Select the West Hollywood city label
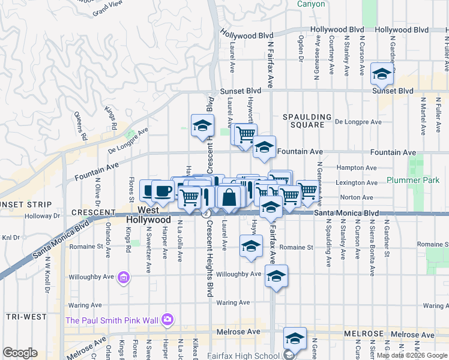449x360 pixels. pyautogui.click(x=148, y=215)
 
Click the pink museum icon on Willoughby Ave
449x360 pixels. pyautogui.click(x=124, y=277)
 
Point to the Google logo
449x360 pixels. pyautogui.click(x=20, y=353)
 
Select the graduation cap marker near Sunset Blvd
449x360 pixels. pyautogui.click(x=381, y=74)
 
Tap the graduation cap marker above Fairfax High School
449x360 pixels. pyautogui.click(x=295, y=338)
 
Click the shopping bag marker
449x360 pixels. pyautogui.click(x=229, y=197)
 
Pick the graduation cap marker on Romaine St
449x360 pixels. pyautogui.click(x=251, y=245)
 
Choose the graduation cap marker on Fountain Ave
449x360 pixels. pyautogui.click(x=263, y=148)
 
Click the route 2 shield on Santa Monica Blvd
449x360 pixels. pyautogui.click(x=206, y=214)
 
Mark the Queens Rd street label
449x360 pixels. pyautogui.click(x=78, y=125)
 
